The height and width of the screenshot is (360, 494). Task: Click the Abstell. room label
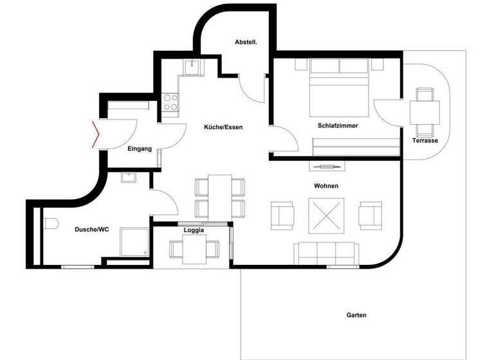pos(246,42)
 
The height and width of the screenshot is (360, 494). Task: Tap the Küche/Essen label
pos(223,127)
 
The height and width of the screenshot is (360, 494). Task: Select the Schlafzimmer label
pos(337,126)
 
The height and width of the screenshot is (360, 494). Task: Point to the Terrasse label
pos(425,141)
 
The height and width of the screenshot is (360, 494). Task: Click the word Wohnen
pos(326,186)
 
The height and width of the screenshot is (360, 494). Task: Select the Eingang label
pos(140,149)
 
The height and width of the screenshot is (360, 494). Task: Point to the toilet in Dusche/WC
pos(51,224)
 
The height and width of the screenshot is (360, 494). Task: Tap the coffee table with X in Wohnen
pos(327,215)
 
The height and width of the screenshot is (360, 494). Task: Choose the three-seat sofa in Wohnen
pos(326,253)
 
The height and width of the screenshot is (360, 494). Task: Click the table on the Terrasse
pos(425,113)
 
